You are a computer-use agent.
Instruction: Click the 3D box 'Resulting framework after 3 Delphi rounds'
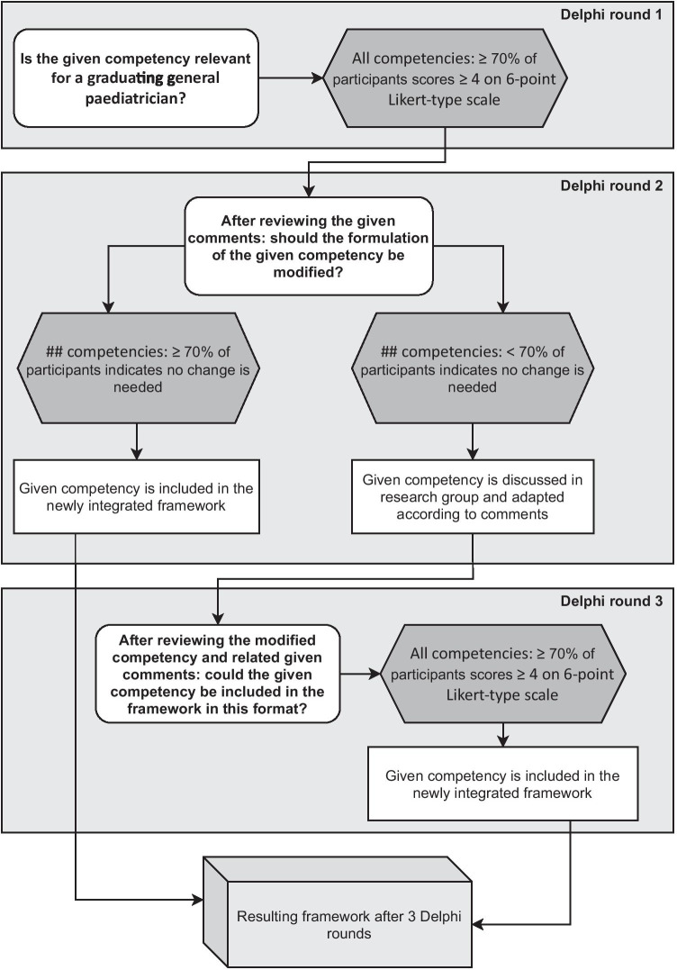[x=335, y=911]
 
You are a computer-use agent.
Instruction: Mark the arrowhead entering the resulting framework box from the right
[x=480, y=924]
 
